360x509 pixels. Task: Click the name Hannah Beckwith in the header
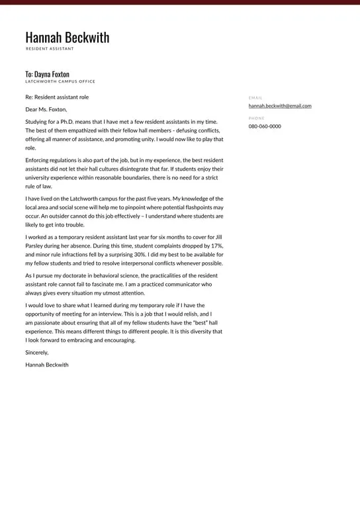click(x=67, y=38)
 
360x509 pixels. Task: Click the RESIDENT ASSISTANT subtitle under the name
click(x=50, y=49)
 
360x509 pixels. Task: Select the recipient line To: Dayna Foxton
click(x=47, y=74)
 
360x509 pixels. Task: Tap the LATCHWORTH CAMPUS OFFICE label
click(x=60, y=81)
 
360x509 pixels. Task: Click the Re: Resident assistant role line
click(x=57, y=97)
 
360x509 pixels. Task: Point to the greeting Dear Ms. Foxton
click(x=46, y=109)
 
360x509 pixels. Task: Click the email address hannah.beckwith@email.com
click(x=279, y=106)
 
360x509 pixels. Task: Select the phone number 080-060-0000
click(x=265, y=126)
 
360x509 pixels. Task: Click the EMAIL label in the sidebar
click(x=255, y=98)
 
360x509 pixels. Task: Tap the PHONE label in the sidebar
click(x=256, y=118)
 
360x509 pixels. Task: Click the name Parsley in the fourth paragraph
click(x=36, y=246)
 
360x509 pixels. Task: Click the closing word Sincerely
click(x=37, y=353)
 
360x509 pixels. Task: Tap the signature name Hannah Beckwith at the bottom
click(x=46, y=365)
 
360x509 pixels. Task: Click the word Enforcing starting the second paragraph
click(x=38, y=160)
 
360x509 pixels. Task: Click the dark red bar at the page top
click(x=180, y=2)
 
